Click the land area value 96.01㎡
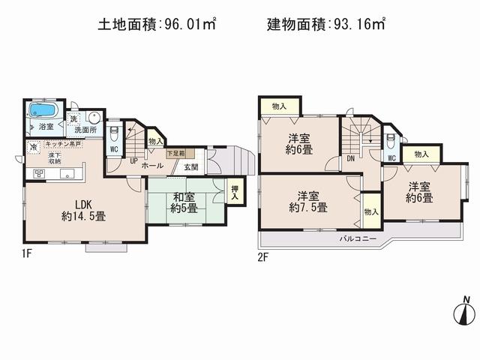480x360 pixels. [x=187, y=25]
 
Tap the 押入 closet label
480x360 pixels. [x=234, y=188]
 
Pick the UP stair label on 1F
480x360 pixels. [x=133, y=160]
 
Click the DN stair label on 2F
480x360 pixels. [x=350, y=160]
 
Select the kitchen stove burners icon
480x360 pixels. [x=39, y=173]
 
